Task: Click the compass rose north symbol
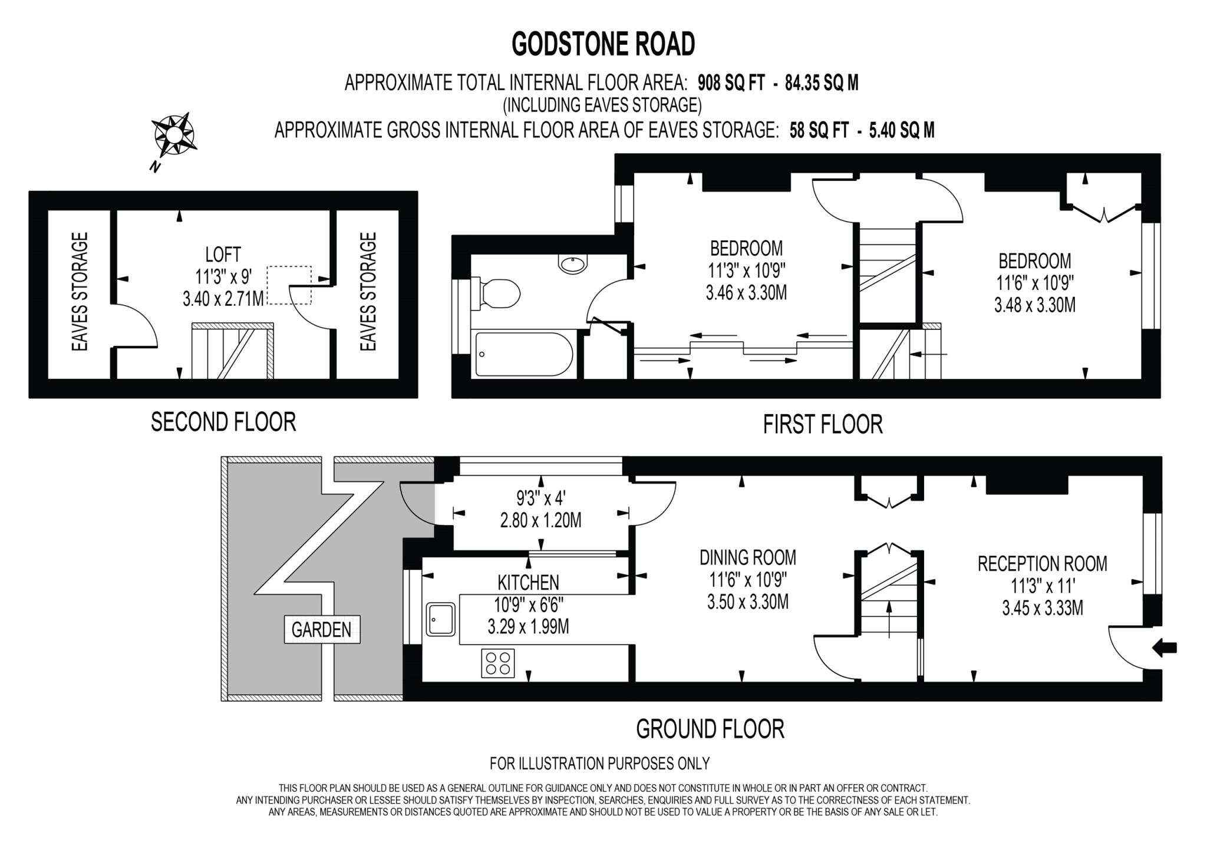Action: (x=173, y=135)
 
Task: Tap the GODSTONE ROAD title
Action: (x=603, y=44)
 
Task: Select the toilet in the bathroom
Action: (x=499, y=293)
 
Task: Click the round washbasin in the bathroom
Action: (x=573, y=264)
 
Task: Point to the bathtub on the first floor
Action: (x=523, y=354)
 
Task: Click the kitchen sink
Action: (x=441, y=619)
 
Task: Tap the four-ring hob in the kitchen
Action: (x=498, y=663)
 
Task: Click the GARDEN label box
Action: (x=322, y=630)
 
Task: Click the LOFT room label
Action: (x=223, y=255)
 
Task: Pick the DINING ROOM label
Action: (x=747, y=557)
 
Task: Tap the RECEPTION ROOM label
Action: (x=1042, y=564)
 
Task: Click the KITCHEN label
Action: (x=528, y=583)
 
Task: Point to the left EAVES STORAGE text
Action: (x=80, y=292)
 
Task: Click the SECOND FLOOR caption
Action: (x=223, y=422)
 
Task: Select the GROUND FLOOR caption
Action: (x=710, y=729)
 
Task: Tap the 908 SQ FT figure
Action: (x=731, y=83)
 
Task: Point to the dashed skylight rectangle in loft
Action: (x=289, y=285)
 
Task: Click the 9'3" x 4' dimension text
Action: (x=540, y=499)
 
